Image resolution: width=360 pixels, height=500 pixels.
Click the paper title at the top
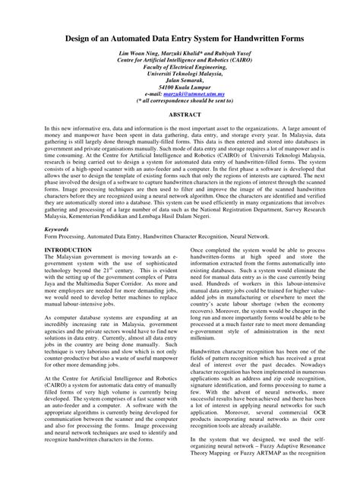click(x=179, y=36)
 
